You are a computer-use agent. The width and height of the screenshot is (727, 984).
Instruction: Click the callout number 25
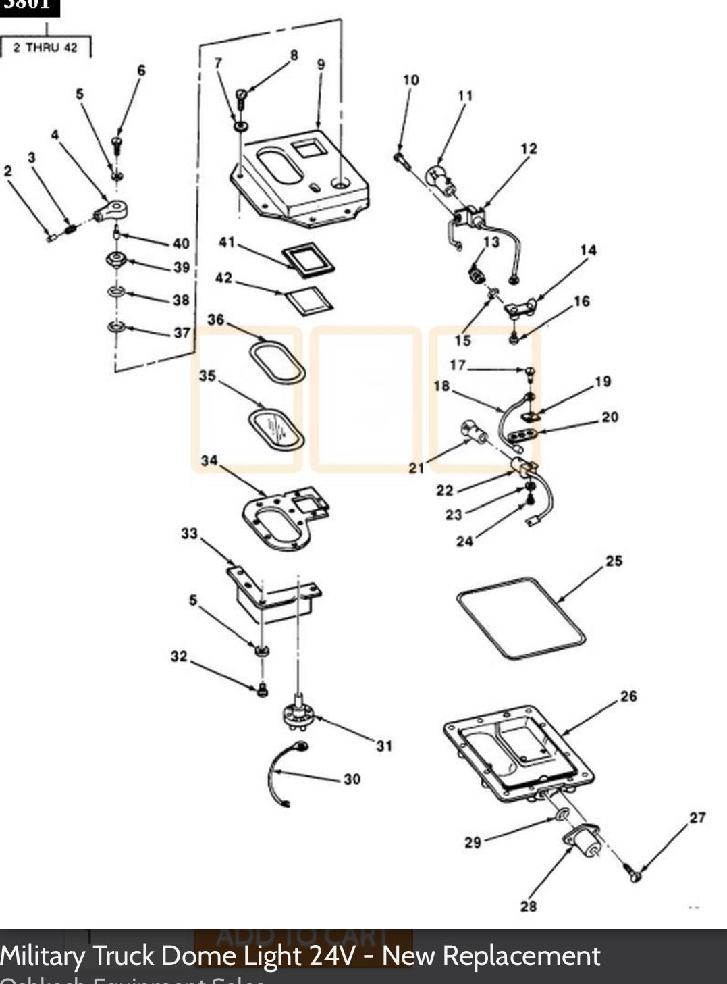pos(614,561)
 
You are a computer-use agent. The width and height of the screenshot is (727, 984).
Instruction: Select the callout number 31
pos(383,746)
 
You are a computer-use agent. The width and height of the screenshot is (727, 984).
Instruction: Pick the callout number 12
pos(529,148)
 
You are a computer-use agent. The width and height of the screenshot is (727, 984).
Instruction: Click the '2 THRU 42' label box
pos(46,47)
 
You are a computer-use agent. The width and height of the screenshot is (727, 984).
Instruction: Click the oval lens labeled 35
pos(275,428)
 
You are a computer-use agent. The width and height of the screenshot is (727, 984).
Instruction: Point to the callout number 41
pos(226,242)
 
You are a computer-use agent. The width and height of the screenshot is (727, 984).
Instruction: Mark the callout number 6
pos(141,70)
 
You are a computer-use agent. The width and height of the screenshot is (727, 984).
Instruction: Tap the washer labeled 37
pos(117,328)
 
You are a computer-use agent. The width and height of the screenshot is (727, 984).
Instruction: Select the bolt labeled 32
pos(263,690)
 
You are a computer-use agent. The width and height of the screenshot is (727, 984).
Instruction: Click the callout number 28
pos(528,906)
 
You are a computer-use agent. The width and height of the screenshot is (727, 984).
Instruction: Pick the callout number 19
pos(602,382)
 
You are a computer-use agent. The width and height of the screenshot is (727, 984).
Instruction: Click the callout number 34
pos(209,461)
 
